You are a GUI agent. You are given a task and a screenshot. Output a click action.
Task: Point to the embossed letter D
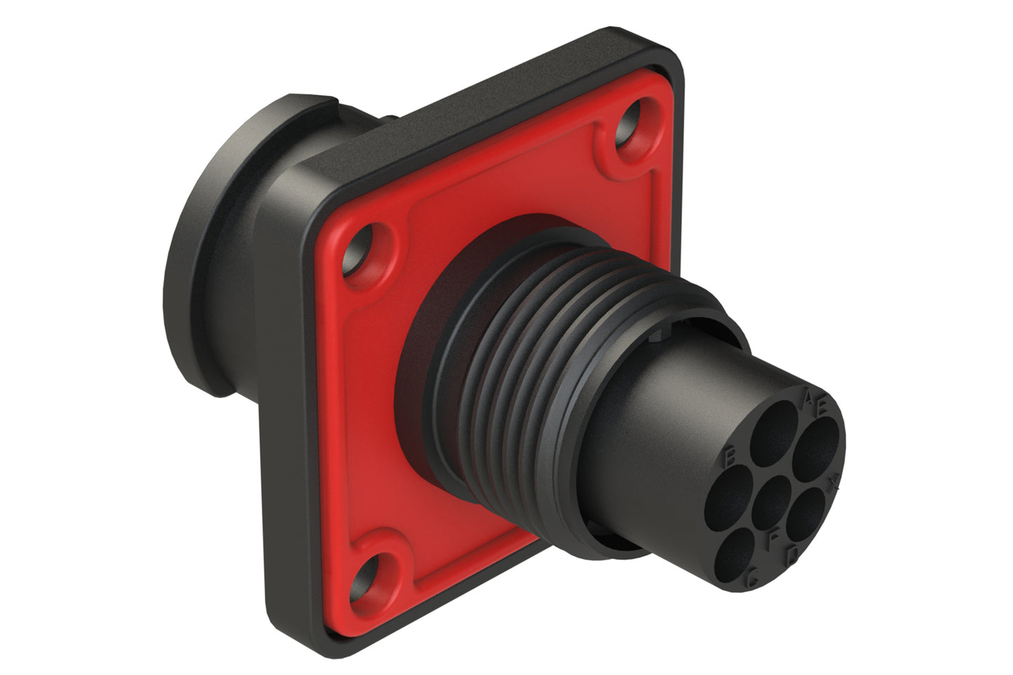[x=792, y=555]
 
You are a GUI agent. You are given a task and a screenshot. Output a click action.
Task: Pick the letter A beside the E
[x=808, y=400]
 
